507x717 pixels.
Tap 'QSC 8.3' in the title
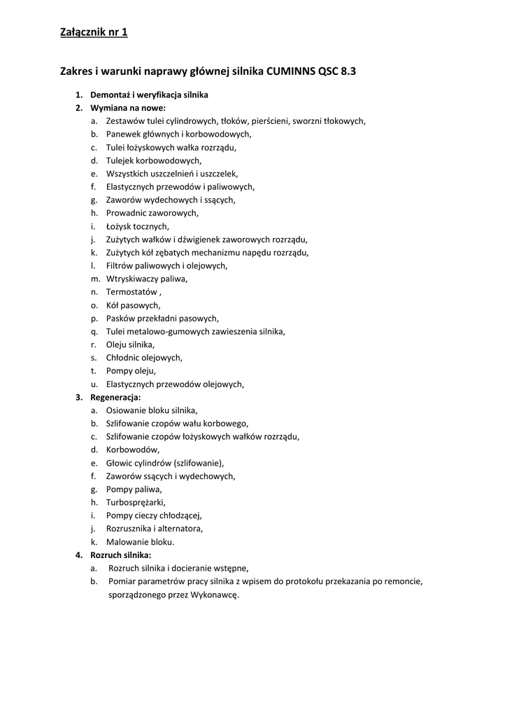coord(343,71)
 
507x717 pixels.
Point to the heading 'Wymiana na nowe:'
coord(127,108)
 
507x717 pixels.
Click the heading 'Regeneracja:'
coord(115,397)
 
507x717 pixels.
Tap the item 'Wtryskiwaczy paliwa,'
coord(146,279)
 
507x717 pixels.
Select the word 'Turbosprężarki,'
coord(136,502)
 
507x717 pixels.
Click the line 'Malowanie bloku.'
coord(140,542)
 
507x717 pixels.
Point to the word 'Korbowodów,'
coord(132,450)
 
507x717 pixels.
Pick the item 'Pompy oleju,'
coord(131,371)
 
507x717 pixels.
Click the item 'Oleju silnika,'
coord(130,344)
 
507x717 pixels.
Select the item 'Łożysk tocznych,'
coord(137,226)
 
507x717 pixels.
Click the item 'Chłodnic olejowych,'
coord(144,358)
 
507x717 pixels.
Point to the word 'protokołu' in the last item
coord(317,581)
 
